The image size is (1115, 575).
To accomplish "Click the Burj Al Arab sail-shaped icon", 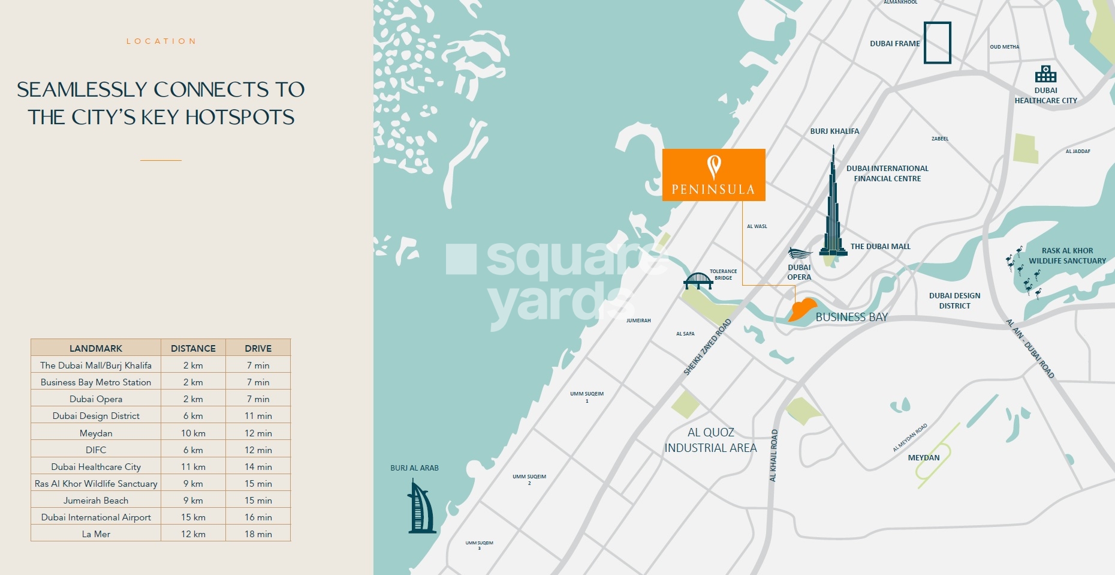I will (421, 507).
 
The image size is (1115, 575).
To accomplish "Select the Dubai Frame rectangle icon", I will (937, 43).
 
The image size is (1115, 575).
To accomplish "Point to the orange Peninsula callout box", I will (713, 175).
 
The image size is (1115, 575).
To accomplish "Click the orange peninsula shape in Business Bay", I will (802, 310).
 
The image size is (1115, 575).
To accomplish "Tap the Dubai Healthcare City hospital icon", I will (1045, 74).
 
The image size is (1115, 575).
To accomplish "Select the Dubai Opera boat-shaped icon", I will (800, 254).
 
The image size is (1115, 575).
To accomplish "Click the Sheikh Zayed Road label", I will (707, 348).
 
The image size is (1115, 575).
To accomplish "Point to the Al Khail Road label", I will (773, 455).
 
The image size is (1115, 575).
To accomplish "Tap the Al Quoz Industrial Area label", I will (710, 440).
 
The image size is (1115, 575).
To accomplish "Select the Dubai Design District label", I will (954, 301).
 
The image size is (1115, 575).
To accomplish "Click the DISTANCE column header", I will (193, 348).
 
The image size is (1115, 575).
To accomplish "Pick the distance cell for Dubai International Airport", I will (193, 517).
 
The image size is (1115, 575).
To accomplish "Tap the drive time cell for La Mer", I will (258, 534).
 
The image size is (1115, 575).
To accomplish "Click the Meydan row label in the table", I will (96, 433).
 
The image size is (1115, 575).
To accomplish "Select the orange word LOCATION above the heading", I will (161, 41).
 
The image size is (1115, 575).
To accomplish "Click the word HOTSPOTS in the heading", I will (239, 117).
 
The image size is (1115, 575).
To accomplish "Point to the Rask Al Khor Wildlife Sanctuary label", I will (1067, 256).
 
